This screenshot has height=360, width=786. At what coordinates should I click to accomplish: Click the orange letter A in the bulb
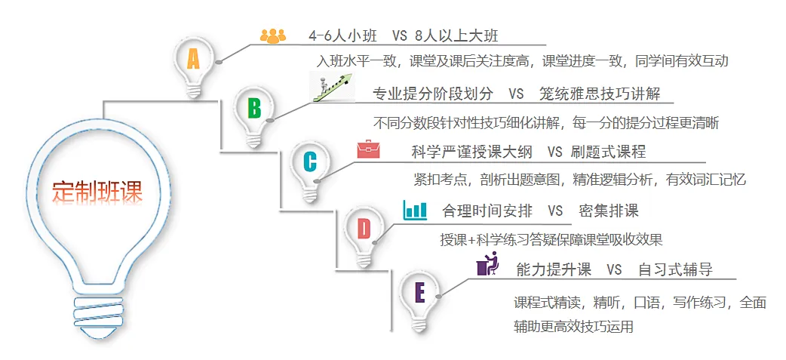[x=193, y=59]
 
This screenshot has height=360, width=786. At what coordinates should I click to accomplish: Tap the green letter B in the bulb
[x=254, y=108]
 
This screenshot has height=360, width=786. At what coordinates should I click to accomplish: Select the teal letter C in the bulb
[x=310, y=162]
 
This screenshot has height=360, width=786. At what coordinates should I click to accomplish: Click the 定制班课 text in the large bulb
[x=97, y=190]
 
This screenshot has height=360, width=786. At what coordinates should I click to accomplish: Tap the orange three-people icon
[x=272, y=35]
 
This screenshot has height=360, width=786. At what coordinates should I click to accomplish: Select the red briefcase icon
[x=369, y=149]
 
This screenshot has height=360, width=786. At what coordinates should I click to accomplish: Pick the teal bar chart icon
[x=415, y=209]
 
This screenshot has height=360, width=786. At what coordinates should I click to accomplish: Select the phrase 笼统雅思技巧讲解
[x=600, y=94]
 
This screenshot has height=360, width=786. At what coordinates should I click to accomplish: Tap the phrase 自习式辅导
[x=675, y=269]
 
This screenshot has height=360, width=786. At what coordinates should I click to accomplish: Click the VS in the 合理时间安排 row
[x=555, y=211]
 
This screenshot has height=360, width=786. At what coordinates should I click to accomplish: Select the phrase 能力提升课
[x=554, y=269]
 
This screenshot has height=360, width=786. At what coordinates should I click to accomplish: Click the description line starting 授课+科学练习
[x=551, y=240]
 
